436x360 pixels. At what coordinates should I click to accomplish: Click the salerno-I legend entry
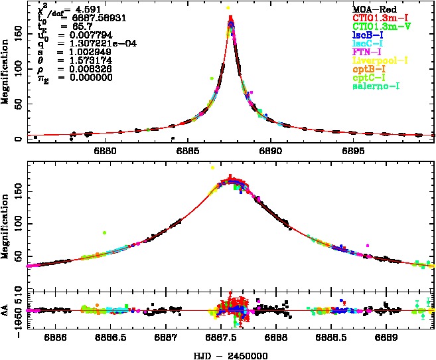375,86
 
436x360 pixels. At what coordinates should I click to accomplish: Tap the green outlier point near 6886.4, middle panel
104,232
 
